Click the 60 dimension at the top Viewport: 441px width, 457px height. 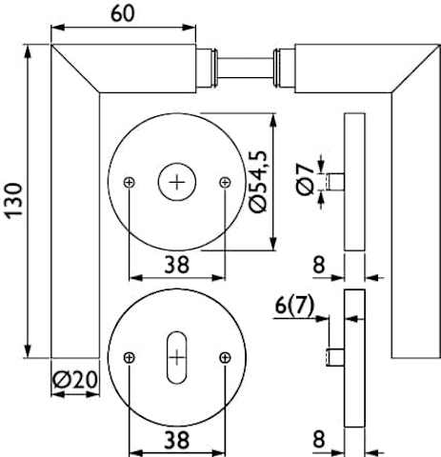(x=123, y=13)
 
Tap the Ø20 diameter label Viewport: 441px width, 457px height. (x=75, y=380)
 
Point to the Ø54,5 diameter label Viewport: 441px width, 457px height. (x=258, y=181)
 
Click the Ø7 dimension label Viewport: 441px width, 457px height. (x=305, y=179)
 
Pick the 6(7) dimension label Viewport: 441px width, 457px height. (x=294, y=306)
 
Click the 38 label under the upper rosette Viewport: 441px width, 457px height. (x=177, y=265)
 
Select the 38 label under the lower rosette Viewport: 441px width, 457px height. (x=177, y=440)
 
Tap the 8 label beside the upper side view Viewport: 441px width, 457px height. (x=319, y=265)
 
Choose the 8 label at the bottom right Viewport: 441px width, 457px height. (x=319, y=439)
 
